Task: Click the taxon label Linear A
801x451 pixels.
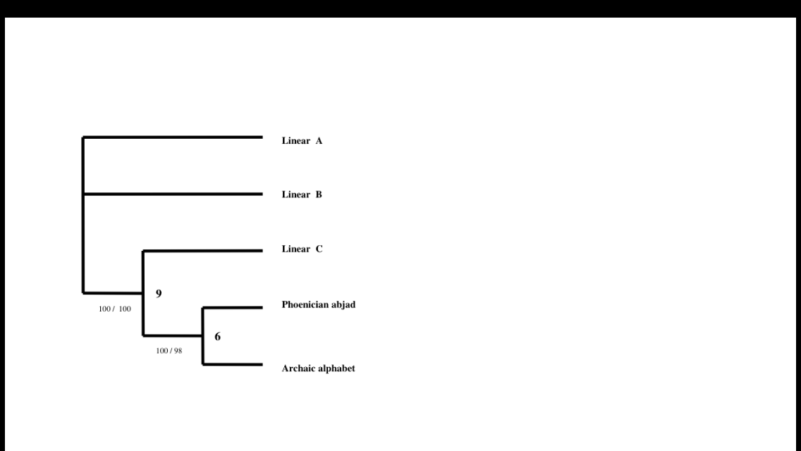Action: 302,141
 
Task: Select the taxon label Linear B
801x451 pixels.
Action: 302,194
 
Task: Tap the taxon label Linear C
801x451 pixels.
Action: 302,249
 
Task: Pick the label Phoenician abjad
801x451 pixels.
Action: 318,305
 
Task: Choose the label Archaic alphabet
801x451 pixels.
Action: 318,368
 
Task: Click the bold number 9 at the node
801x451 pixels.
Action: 159,294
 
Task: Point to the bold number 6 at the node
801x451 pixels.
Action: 218,337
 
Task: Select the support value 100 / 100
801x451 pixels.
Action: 115,309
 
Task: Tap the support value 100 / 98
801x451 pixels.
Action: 169,350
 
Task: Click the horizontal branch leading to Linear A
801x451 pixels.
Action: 173,137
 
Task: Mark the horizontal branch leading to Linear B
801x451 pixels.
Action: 173,194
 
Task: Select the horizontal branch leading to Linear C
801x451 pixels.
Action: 202,250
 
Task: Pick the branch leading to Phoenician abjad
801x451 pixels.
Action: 233,307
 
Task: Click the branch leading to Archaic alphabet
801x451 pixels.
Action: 233,364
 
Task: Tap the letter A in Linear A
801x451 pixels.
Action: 319,141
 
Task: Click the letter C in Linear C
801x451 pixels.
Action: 319,249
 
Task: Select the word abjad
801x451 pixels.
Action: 343,305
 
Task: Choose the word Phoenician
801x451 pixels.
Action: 305,305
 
